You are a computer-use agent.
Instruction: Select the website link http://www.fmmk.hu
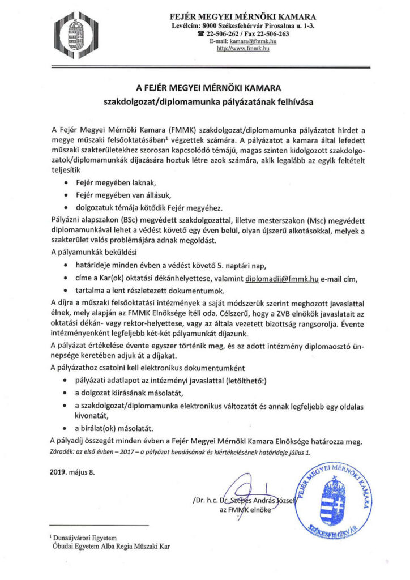coord(243,49)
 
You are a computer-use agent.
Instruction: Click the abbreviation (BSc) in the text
coord(129,220)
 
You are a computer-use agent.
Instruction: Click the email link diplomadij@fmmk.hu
coord(281,278)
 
